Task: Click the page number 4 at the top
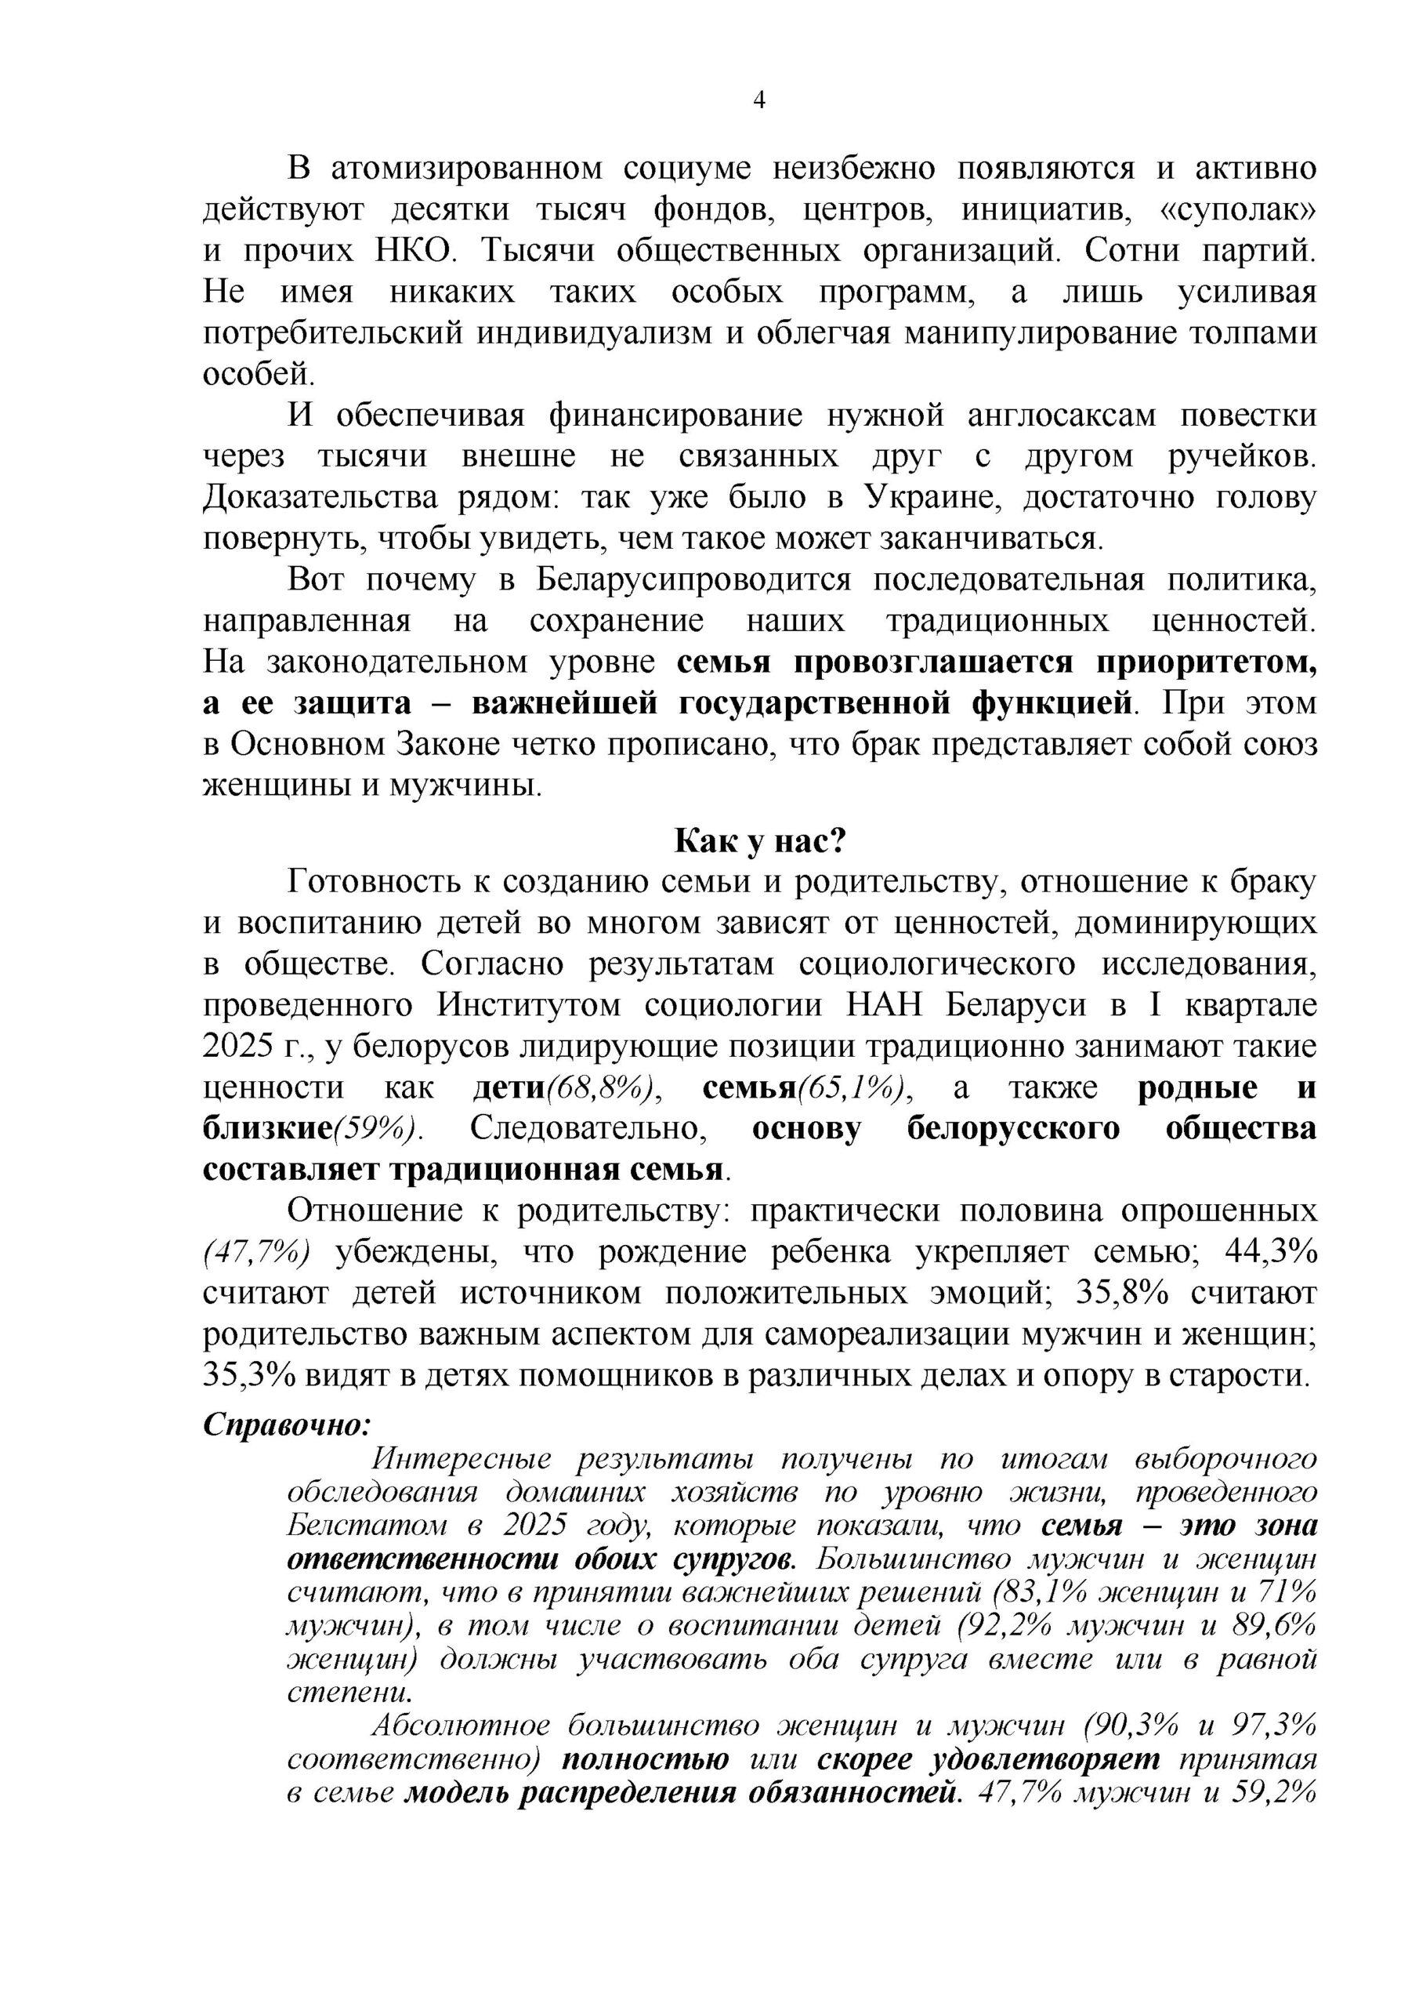(x=758, y=101)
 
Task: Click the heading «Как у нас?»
(x=759, y=841)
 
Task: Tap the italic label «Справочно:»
(x=287, y=1424)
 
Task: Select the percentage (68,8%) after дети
(x=603, y=1087)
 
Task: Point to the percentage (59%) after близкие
(x=373, y=1128)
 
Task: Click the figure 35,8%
(x=1122, y=1293)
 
